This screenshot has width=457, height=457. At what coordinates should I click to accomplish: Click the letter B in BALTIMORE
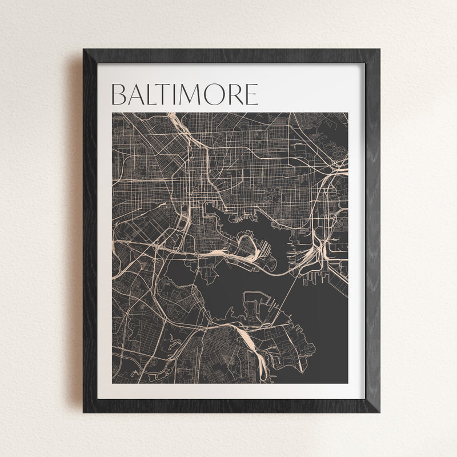[119, 95]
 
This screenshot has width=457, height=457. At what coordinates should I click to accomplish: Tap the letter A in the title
[137, 95]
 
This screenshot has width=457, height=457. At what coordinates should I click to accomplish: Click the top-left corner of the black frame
[83, 50]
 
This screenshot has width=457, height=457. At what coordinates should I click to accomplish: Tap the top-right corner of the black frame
[379, 50]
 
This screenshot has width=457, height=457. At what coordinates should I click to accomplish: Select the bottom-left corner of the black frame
[83, 412]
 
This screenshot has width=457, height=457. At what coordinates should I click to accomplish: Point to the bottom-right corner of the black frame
[379, 412]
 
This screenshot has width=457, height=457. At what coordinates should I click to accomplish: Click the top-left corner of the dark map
[113, 113]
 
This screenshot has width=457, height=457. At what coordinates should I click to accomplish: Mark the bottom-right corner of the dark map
[347, 383]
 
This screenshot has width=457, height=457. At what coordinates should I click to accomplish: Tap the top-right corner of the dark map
[347, 113]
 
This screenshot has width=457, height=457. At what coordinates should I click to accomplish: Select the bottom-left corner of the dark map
[113, 383]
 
